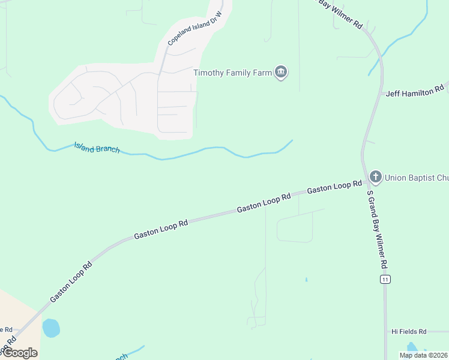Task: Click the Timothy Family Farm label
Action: coord(233,73)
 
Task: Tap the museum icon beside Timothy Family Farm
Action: coord(281,73)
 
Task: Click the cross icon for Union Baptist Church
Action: coord(376,177)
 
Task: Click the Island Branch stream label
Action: coord(97,148)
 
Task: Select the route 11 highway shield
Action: coord(385,280)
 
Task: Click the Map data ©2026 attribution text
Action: coord(424,355)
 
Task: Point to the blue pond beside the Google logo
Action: coord(51,328)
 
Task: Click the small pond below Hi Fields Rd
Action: coord(412,348)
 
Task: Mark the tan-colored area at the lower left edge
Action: coord(15,312)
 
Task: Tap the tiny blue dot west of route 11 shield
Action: coord(306,280)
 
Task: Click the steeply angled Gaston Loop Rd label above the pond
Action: coord(71,281)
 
